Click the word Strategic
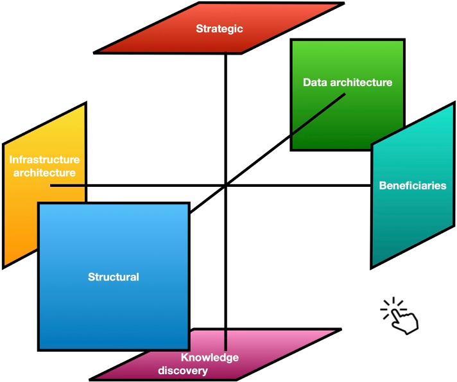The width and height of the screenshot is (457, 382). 220,28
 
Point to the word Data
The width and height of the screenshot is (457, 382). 315,82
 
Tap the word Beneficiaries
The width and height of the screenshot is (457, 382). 413,186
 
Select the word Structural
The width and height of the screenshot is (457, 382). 114,277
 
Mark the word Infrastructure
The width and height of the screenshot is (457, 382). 44,160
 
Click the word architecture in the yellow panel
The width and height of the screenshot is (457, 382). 44,173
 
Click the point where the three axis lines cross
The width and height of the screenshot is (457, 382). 226,186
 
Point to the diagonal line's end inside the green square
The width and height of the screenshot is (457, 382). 345,95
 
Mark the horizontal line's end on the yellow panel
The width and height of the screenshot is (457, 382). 51,186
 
